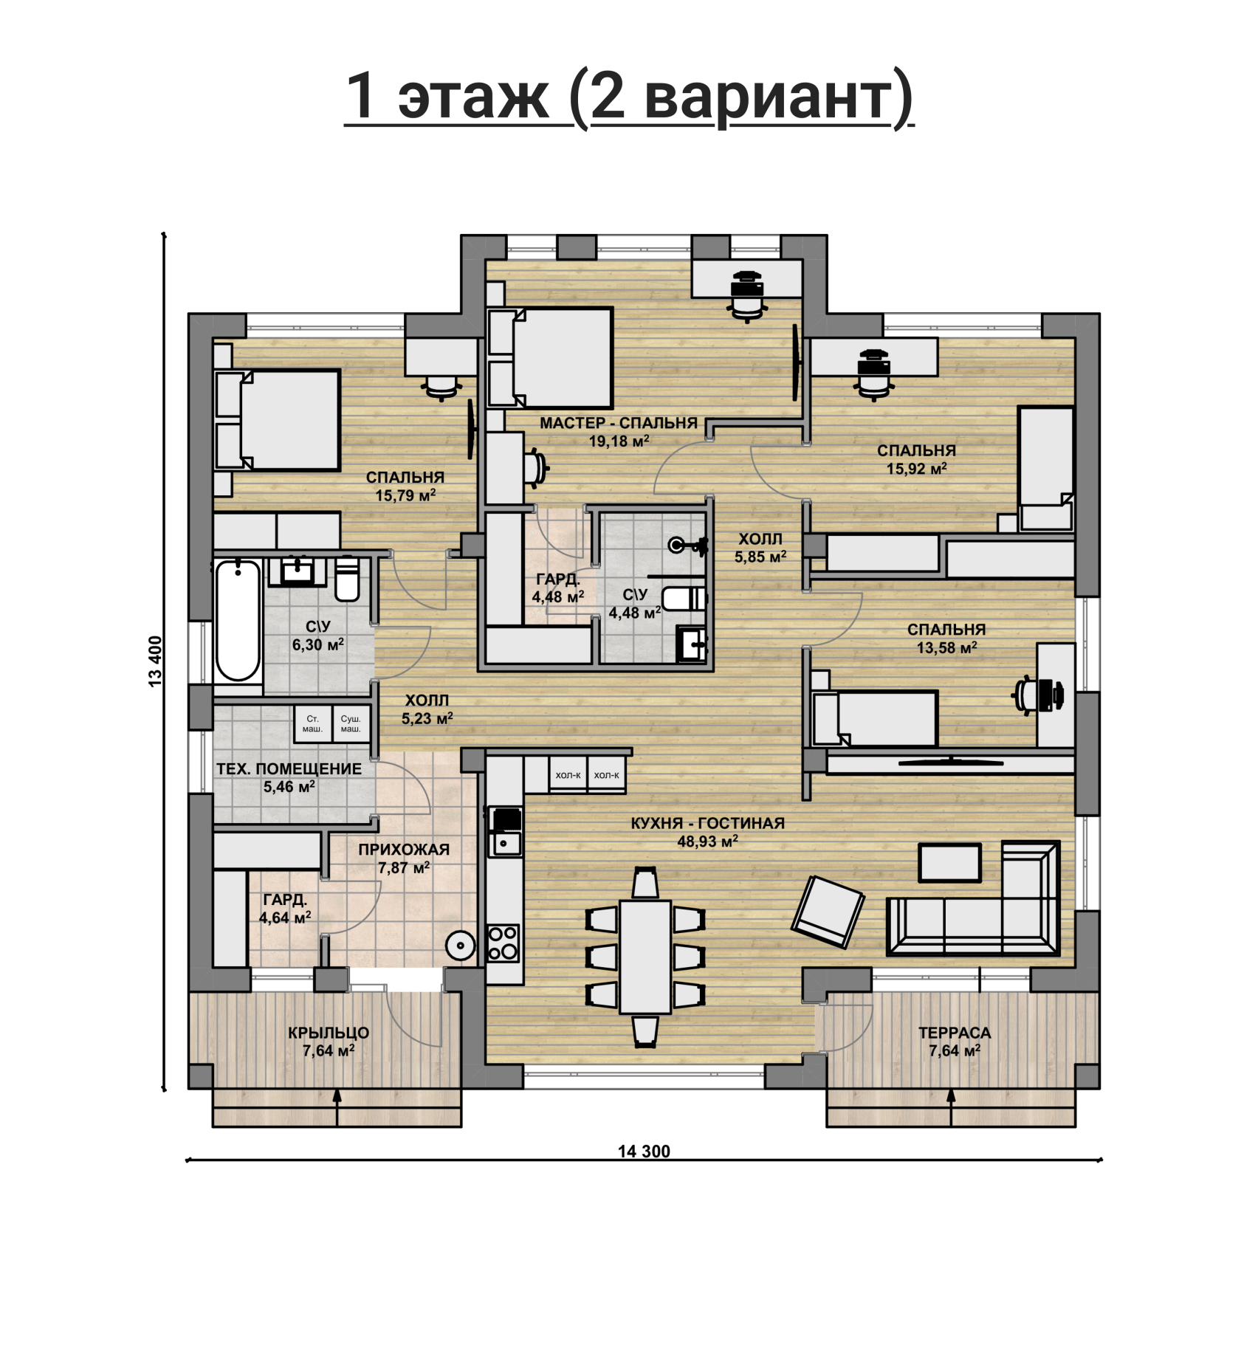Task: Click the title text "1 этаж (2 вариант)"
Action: point(629,96)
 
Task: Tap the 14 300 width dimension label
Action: point(644,1152)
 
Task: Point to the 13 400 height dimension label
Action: point(155,661)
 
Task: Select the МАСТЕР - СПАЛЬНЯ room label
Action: point(619,423)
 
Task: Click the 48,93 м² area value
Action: point(707,841)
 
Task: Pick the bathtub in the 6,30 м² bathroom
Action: point(238,621)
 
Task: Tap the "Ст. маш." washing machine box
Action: point(312,724)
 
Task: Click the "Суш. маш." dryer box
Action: point(351,724)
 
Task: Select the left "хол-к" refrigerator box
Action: point(568,775)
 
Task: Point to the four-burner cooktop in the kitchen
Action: point(503,943)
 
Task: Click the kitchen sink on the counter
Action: point(506,842)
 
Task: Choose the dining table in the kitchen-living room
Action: point(645,957)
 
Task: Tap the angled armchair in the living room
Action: point(828,912)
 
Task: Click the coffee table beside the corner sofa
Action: point(949,862)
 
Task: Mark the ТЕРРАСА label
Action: point(955,1033)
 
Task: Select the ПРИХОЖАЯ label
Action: point(404,850)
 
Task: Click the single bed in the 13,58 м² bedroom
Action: point(875,718)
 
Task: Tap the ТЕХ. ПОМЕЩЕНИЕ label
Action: point(289,768)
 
